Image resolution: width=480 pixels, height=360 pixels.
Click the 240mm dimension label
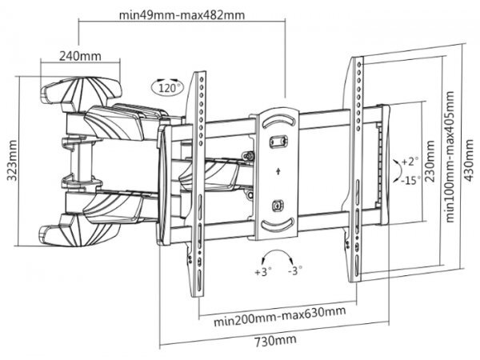tap(80, 56)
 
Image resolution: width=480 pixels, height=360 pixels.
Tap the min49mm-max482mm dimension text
tap(183, 14)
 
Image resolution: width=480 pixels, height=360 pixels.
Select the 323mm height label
tap(12, 163)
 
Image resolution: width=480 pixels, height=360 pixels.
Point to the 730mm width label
tap(268, 340)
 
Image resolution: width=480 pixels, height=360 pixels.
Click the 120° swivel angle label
tap(166, 87)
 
